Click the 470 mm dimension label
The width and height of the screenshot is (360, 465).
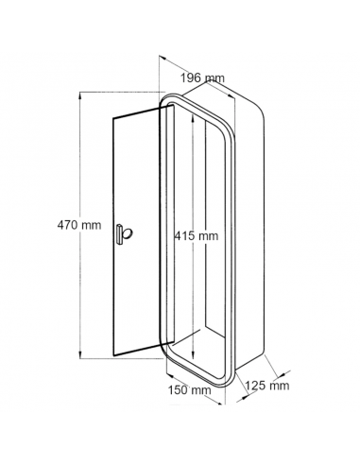[79, 225]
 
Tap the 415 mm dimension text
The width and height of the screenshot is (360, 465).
[197, 235]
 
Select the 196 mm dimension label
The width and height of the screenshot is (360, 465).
[202, 77]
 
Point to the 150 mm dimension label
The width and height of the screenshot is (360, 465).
[189, 390]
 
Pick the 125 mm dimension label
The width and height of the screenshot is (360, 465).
[267, 386]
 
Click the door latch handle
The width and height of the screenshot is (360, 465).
[124, 233]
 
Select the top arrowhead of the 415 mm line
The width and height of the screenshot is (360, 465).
[193, 118]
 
